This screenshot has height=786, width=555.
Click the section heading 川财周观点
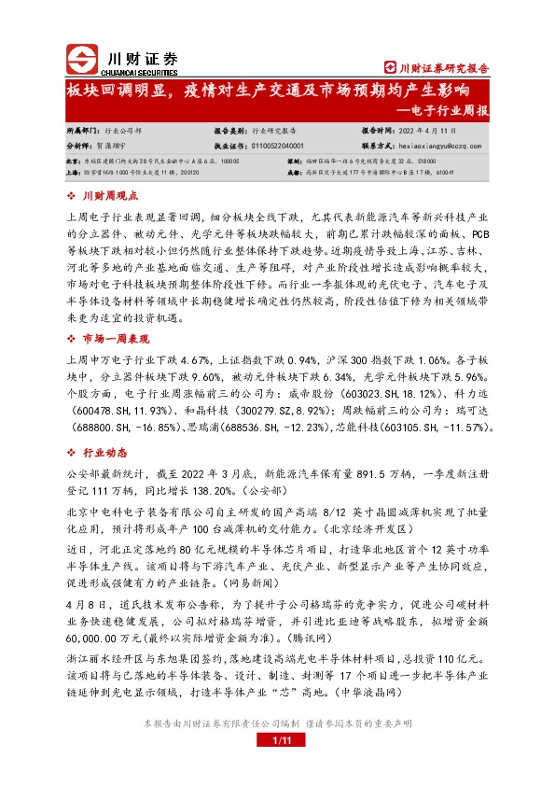coord(110,197)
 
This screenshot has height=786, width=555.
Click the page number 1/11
coord(277,765)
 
